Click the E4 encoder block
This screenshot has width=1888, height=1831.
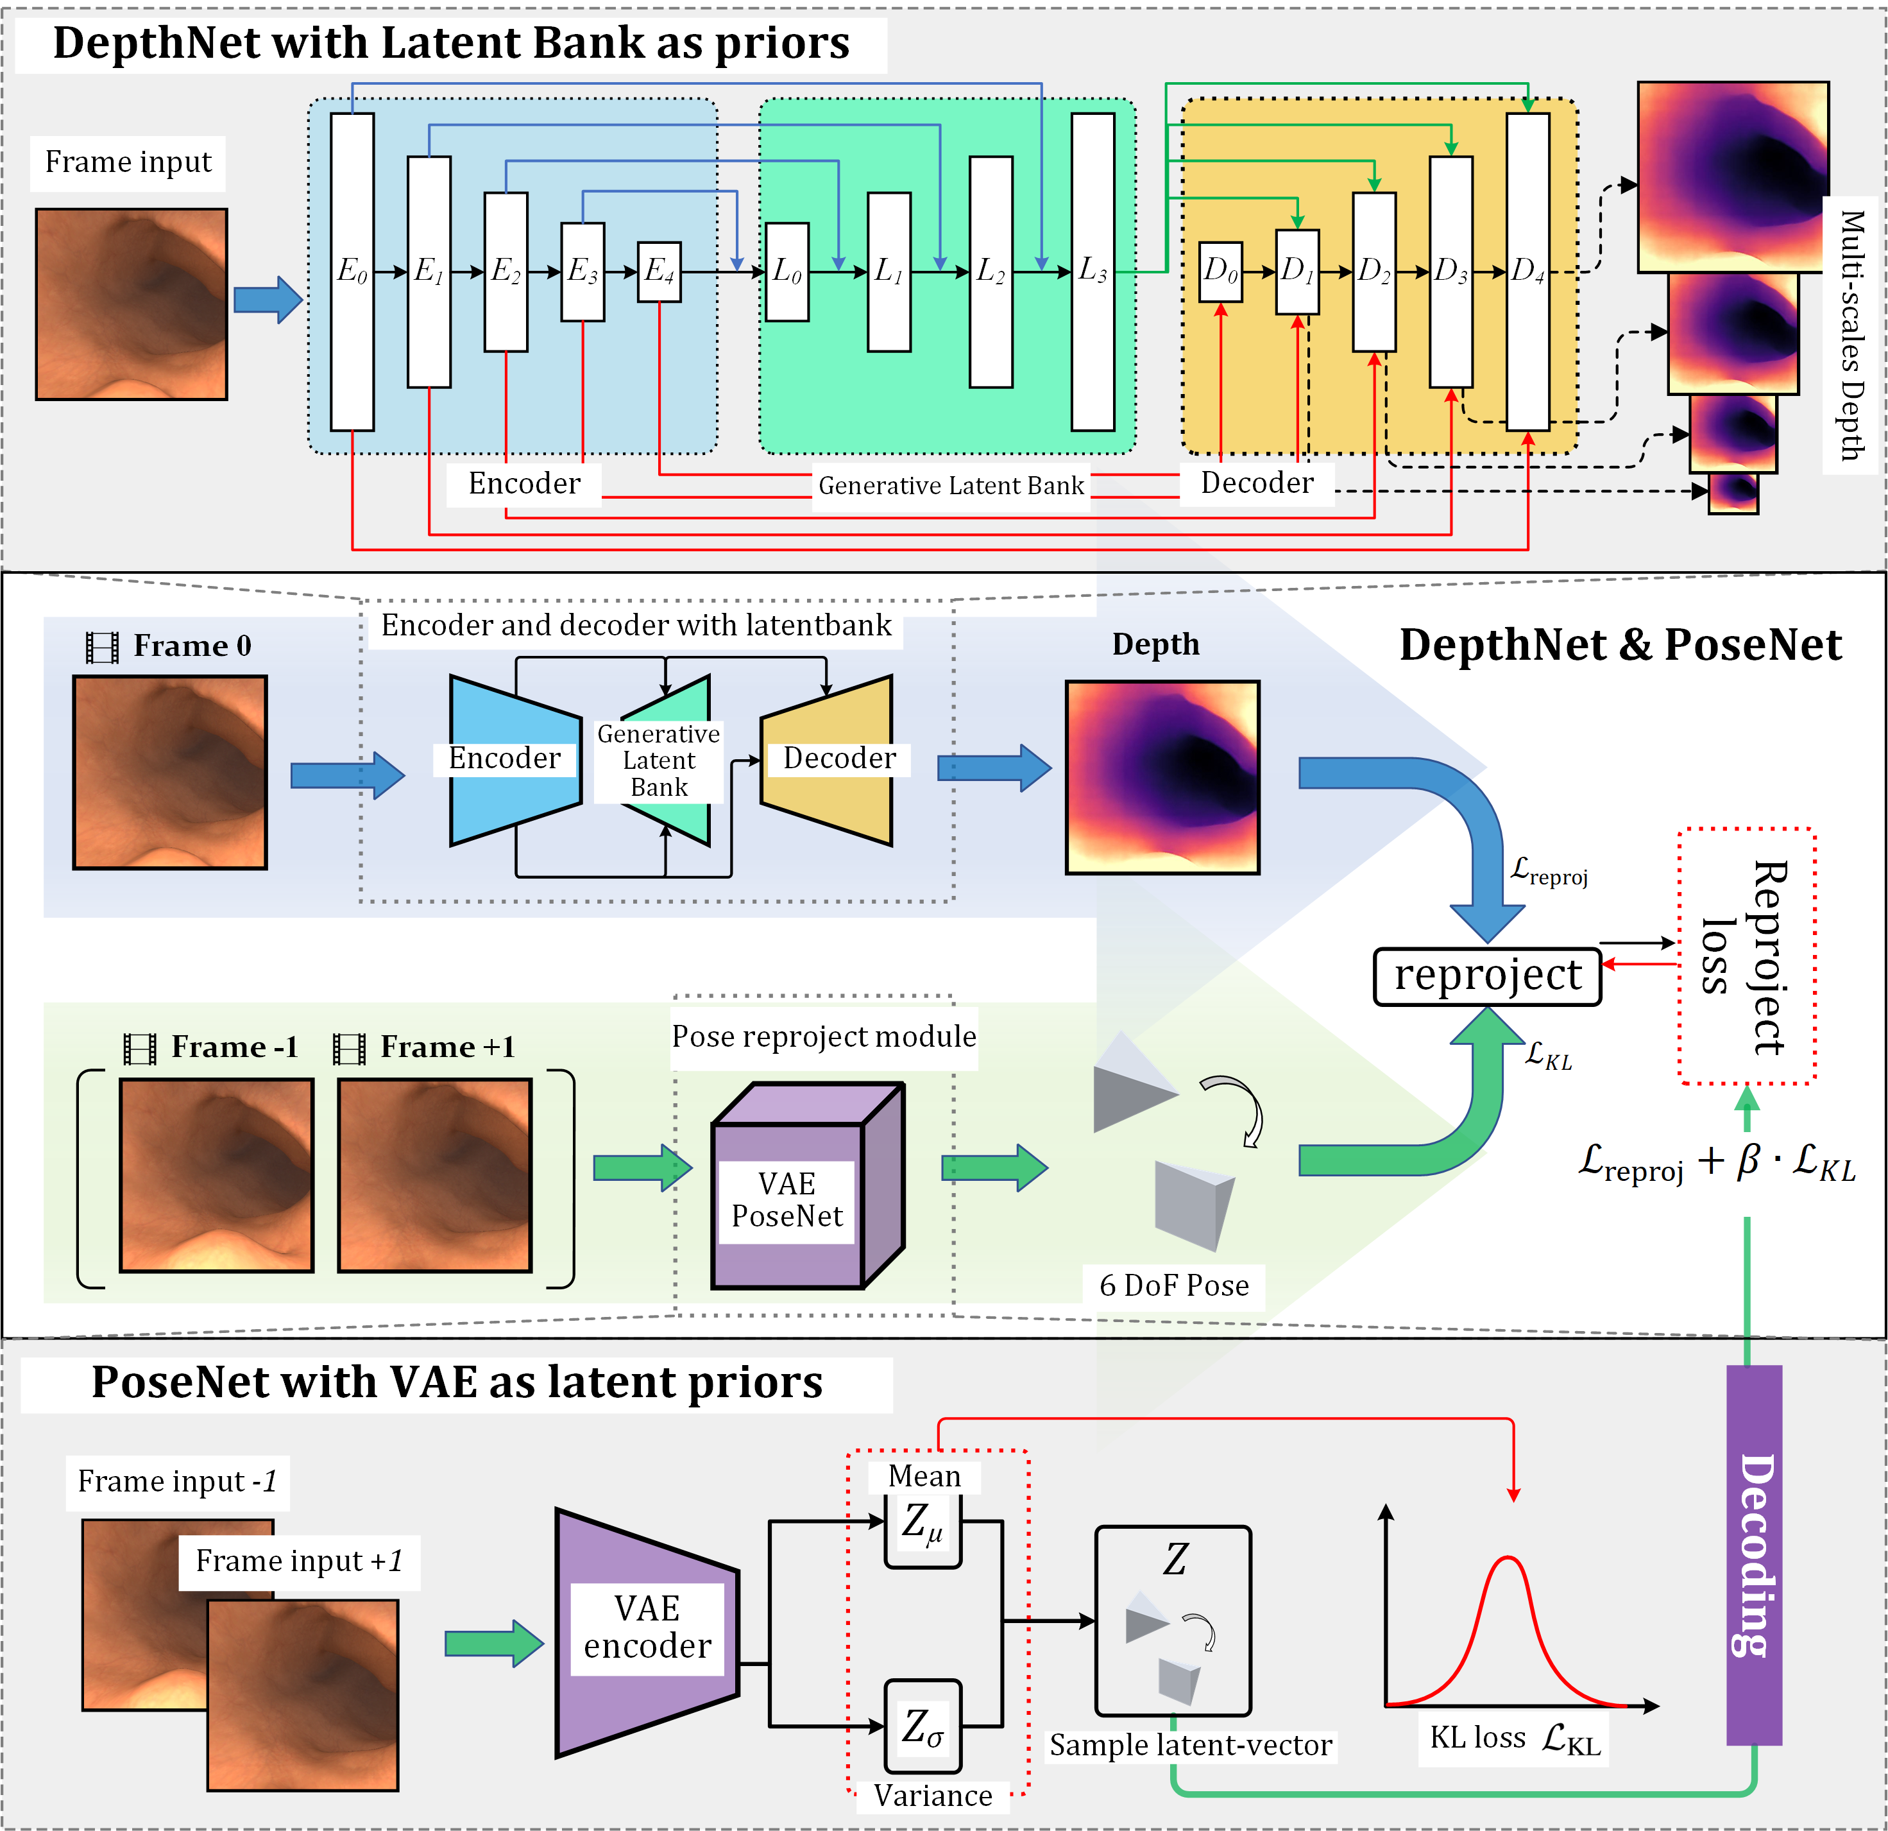pyautogui.click(x=659, y=271)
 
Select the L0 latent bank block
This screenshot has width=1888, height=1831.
pyautogui.click(x=787, y=271)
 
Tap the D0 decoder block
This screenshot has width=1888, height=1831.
pyautogui.click(x=1220, y=271)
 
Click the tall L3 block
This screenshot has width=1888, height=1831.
pyautogui.click(x=1093, y=271)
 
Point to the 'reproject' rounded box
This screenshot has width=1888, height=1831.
pyautogui.click(x=1486, y=976)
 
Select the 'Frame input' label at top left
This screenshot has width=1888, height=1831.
pyautogui.click(x=128, y=162)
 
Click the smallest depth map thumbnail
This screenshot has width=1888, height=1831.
pyautogui.click(x=1733, y=492)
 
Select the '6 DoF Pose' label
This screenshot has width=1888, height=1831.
pyautogui.click(x=1173, y=1285)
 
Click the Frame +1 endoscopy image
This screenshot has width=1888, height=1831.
pyautogui.click(x=434, y=1174)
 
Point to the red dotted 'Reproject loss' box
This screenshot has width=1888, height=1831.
pyautogui.click(x=1746, y=956)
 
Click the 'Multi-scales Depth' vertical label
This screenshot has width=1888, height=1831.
pyautogui.click(x=1851, y=336)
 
